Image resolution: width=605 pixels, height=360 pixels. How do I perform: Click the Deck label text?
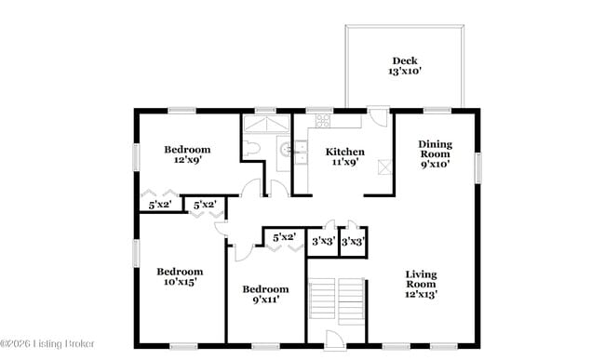[x=404, y=60]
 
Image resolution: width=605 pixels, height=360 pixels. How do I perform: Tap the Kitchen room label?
[x=343, y=152]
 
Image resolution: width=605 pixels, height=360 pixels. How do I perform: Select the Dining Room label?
[x=435, y=149]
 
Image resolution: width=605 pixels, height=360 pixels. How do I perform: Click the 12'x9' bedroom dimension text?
[x=187, y=160]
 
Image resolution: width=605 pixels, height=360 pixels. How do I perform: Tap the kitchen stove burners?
[x=323, y=121]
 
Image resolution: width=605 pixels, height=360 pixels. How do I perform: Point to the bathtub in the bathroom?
[x=267, y=125]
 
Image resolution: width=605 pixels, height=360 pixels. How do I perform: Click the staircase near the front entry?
[x=336, y=300]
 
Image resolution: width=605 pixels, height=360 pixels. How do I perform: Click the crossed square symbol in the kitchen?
[x=383, y=167]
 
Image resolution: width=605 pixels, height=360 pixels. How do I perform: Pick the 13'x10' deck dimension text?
[x=404, y=73]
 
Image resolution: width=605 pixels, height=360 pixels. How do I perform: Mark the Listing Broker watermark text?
[x=48, y=344]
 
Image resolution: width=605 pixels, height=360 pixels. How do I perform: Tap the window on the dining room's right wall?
[x=478, y=167]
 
